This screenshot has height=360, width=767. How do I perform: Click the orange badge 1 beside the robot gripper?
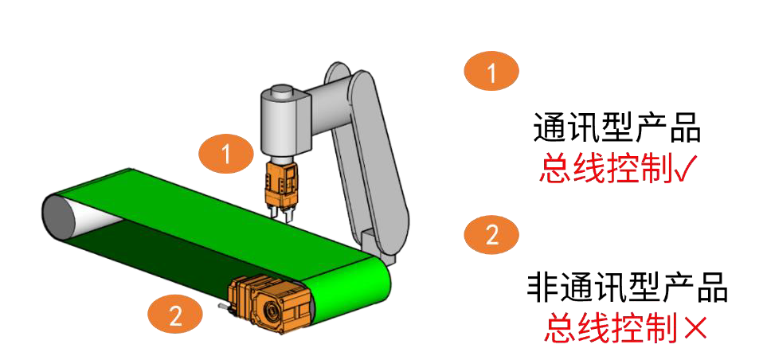tap(226, 154)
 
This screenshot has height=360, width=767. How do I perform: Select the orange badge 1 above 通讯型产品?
tap(491, 72)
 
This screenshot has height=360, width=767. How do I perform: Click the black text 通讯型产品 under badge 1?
tap(617, 129)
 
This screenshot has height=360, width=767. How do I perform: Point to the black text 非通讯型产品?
tap(628, 288)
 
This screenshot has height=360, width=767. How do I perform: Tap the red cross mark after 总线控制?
tap(695, 327)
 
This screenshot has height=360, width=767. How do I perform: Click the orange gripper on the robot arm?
tap(282, 183)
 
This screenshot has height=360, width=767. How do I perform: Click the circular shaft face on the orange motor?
tap(271, 309)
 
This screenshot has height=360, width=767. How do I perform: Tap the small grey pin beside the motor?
tap(223, 307)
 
